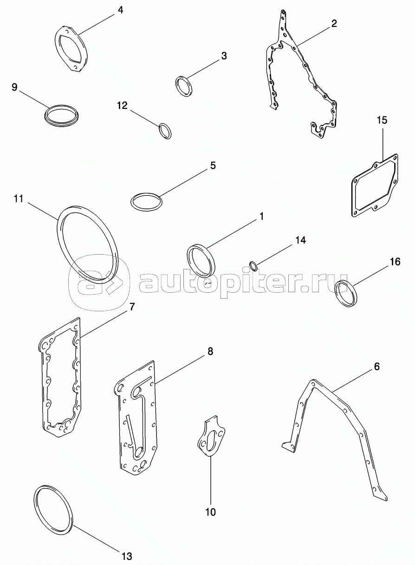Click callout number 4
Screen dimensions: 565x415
120,9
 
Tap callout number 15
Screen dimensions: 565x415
382,121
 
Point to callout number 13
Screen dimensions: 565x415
127,556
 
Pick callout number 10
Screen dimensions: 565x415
210,512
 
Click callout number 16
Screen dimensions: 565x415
395,262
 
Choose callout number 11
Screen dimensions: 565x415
19,199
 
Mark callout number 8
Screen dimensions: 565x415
210,352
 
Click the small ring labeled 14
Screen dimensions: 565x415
253,266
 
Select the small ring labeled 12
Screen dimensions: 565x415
165,130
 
